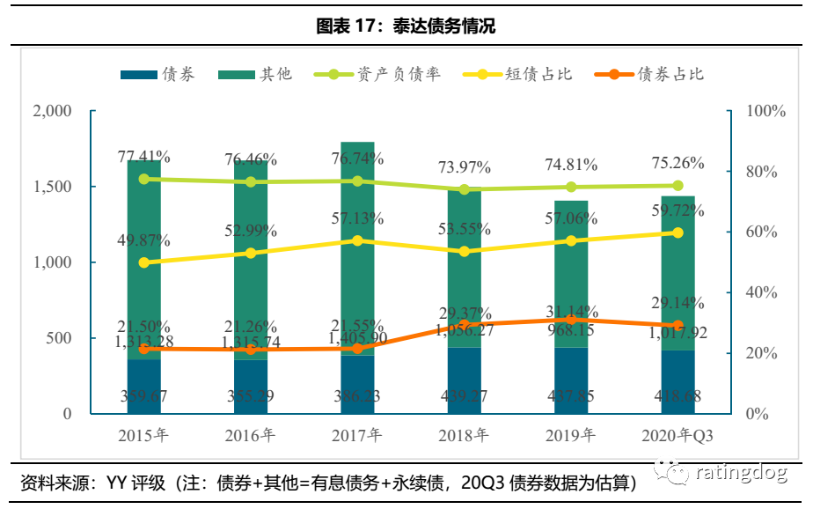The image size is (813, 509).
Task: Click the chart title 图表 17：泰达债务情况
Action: pos(406,26)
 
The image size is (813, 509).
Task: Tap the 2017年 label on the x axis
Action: pos(357,435)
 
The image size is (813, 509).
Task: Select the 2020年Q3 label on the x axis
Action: pos(678,435)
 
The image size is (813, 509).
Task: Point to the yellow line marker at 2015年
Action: pos(143,262)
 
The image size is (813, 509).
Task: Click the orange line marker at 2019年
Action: pos(571,320)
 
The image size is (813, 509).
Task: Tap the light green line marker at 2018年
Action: pos(465,189)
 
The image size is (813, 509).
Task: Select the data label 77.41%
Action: pos(143,158)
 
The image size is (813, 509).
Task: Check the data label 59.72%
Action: pos(677,210)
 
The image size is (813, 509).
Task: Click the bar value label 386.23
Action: pos(357,397)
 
